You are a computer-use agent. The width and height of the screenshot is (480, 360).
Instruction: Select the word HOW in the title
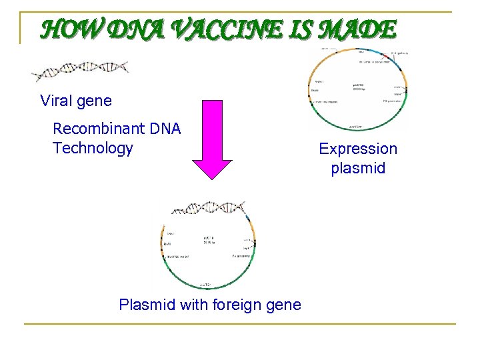pos(69,30)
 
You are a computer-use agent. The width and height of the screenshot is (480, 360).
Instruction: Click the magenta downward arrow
pos(212,140)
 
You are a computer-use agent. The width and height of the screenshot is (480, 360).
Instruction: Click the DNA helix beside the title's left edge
pos(81,69)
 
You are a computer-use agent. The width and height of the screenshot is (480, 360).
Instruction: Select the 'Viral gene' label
pos(76,101)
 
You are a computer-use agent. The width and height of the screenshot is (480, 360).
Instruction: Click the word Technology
pos(93,148)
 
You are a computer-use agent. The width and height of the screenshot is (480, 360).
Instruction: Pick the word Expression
pos(358,149)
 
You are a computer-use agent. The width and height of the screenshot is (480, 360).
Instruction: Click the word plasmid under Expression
pos(358,168)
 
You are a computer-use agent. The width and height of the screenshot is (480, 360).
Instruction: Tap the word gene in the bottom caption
pos(283,305)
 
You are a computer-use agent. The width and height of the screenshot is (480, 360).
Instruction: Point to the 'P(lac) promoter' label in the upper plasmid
pos(393,101)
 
